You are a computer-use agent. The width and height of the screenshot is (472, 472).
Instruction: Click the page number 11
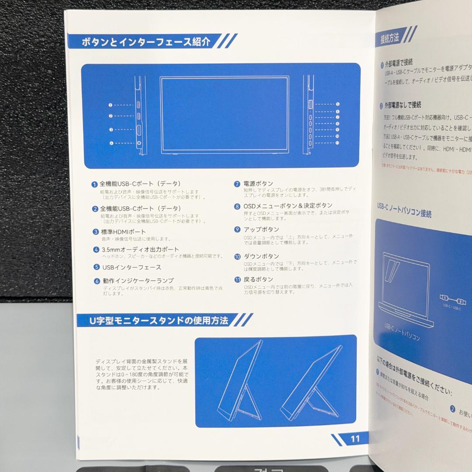355,439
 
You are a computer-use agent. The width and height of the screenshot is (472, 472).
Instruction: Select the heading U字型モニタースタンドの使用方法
158,320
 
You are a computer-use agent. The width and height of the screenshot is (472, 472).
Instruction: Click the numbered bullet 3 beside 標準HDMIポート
95,232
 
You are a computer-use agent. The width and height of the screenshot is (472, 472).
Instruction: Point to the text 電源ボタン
258,184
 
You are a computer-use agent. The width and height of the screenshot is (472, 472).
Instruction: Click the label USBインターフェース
132,267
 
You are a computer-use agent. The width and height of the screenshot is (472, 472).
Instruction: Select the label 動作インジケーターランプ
138,281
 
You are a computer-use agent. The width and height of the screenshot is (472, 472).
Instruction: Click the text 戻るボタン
258,279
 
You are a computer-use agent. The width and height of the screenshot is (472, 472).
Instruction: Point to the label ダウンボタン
261,257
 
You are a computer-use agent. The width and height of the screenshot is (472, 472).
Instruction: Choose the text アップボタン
261,229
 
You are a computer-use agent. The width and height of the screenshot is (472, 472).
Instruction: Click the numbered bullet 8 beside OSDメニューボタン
237,206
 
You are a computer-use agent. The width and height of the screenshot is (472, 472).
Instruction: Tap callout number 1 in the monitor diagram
111,105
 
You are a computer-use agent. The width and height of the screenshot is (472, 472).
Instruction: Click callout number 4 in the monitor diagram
111,143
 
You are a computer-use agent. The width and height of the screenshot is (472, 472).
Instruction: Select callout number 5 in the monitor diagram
338,104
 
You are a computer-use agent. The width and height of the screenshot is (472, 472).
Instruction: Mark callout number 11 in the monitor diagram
338,143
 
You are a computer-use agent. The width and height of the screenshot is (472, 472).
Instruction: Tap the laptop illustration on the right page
404,291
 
